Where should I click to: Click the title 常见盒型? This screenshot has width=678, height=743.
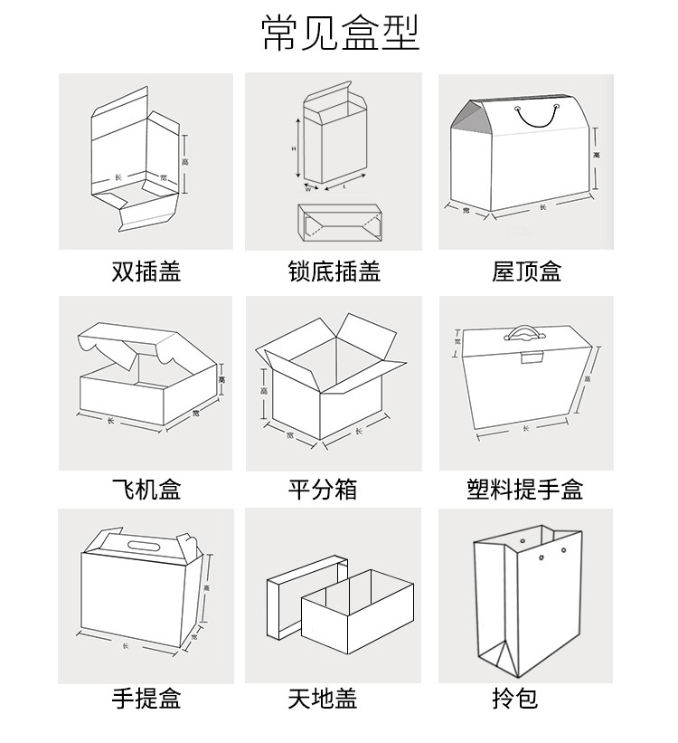[x=341, y=33]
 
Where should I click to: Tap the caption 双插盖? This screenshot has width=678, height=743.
[x=146, y=271]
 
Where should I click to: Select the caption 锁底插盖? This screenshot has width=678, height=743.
[x=334, y=271]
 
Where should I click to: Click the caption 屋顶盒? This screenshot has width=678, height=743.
[x=526, y=271]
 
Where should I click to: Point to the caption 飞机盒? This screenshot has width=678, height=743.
[x=146, y=490]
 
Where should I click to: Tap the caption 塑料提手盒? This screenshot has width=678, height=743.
[x=525, y=490]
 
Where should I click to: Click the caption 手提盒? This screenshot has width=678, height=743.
[x=146, y=700]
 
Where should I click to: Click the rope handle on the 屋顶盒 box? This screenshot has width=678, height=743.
[x=536, y=116]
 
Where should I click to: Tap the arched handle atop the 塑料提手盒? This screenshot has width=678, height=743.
[x=525, y=332]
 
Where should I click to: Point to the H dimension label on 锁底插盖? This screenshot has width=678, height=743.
[x=294, y=148]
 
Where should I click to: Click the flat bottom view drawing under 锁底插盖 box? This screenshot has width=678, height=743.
[x=339, y=220]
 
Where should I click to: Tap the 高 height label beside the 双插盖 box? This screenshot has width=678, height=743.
[x=184, y=162]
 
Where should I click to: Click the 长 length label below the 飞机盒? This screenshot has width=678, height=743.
[x=110, y=420]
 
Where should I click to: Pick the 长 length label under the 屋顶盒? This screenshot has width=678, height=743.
[x=542, y=207]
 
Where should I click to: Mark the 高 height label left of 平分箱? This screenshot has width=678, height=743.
[x=263, y=391]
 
